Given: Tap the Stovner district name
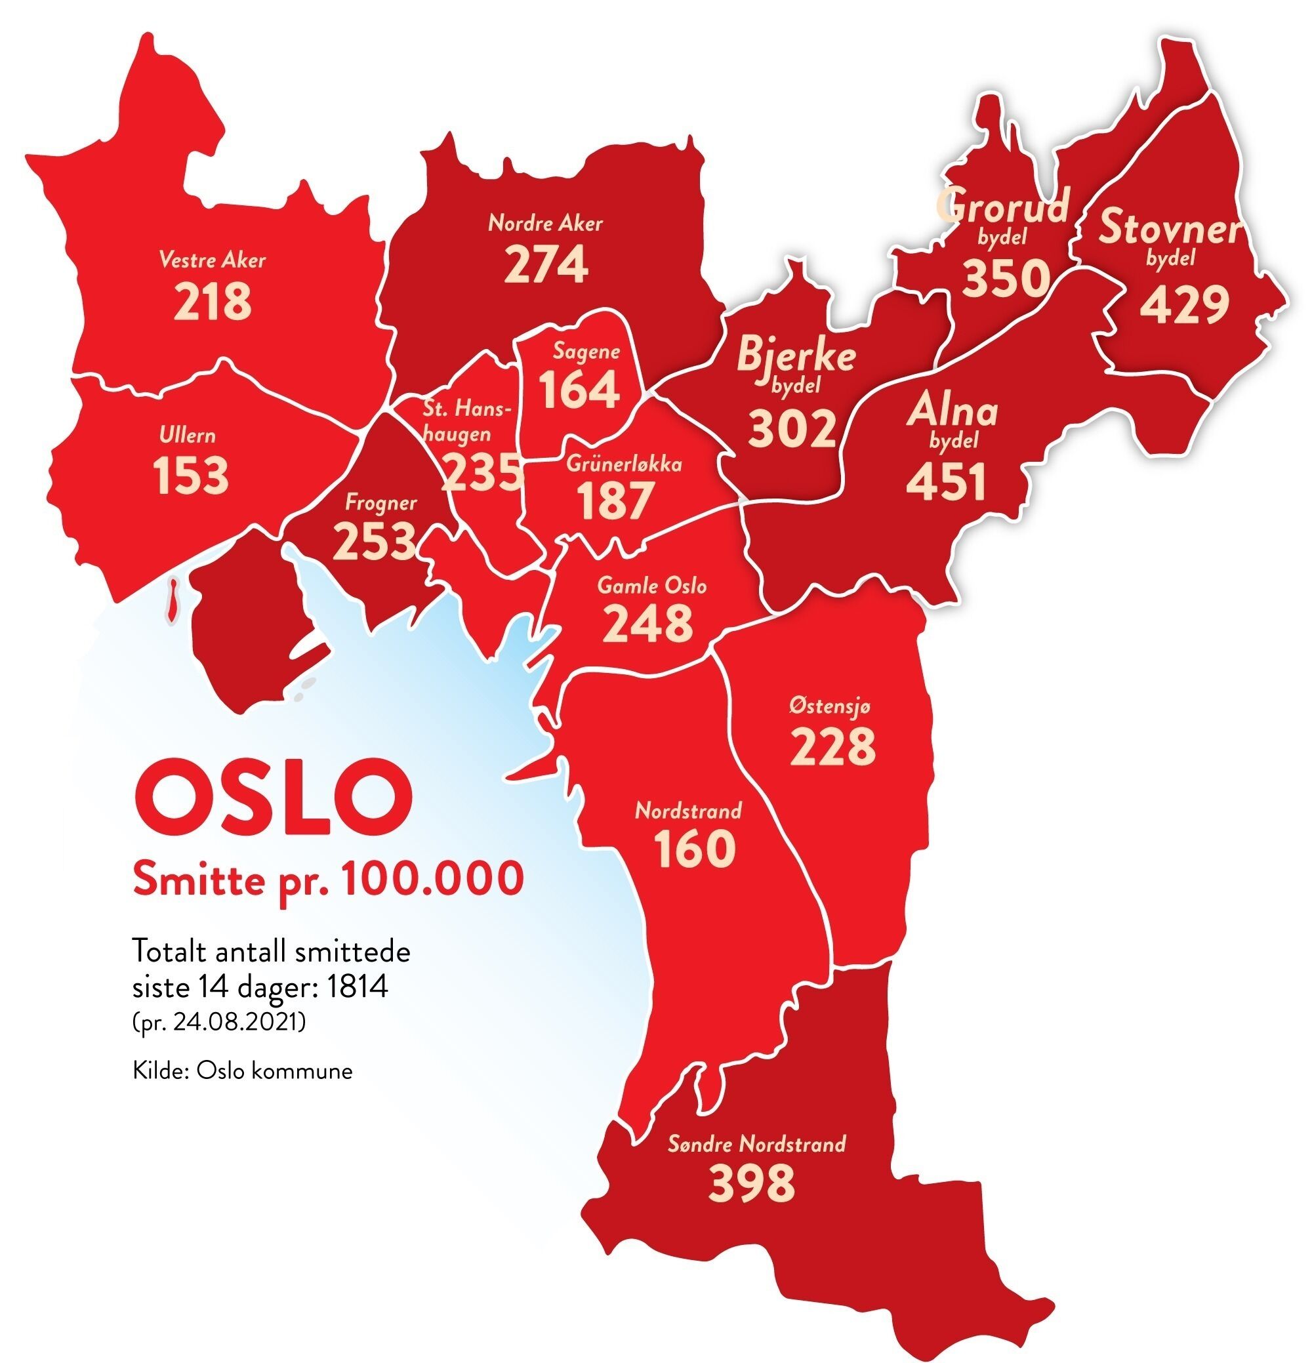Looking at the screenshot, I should click(1170, 228).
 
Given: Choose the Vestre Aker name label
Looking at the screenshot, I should click(212, 261).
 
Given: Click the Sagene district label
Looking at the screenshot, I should click(586, 351).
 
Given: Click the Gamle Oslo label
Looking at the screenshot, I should click(651, 586).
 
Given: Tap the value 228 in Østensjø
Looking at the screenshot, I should click(832, 746).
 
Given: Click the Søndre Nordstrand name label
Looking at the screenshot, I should click(756, 1144).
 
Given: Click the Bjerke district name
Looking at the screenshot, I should click(795, 356).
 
